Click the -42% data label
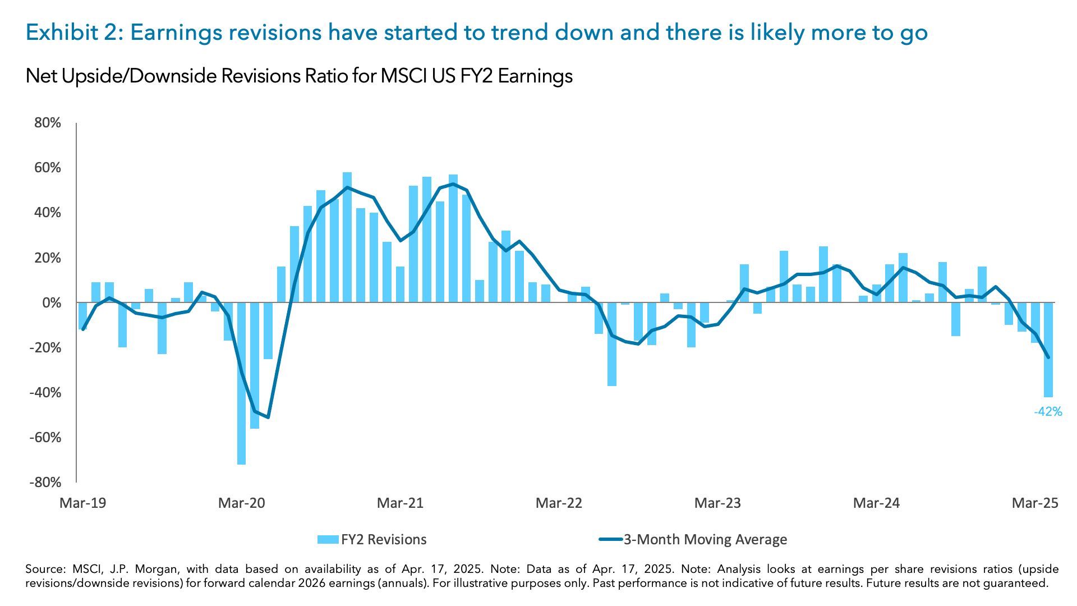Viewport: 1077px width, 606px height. point(1048,412)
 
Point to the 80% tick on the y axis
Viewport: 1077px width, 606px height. point(47,123)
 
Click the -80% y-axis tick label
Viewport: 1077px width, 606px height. point(45,482)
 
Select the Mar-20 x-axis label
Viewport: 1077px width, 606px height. point(241,503)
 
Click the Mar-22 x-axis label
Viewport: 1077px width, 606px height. point(559,503)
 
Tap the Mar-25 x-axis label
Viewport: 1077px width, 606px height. point(1035,503)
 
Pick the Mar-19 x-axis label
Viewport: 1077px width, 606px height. point(82,503)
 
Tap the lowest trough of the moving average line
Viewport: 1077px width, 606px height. point(268,417)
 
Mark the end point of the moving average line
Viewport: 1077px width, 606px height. point(1048,357)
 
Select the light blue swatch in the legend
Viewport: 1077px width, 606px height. point(328,539)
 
